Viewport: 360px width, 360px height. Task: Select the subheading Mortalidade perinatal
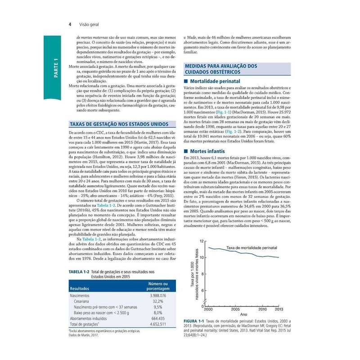tap(213, 81)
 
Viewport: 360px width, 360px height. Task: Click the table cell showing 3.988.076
tap(157, 296)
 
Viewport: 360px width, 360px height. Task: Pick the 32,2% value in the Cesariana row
tap(157, 301)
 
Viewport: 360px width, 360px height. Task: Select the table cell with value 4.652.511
tap(157, 324)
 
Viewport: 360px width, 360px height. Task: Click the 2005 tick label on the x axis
tap(235, 310)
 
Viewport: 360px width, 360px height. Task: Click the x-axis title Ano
tap(243, 314)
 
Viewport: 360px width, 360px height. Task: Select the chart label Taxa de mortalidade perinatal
tap(251, 248)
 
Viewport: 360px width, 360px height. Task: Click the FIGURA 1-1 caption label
tap(196, 321)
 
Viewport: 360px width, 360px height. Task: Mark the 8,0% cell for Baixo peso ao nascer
tap(157, 313)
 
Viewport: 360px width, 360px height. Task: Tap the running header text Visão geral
tap(89, 24)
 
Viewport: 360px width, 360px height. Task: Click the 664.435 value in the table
tap(157, 318)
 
